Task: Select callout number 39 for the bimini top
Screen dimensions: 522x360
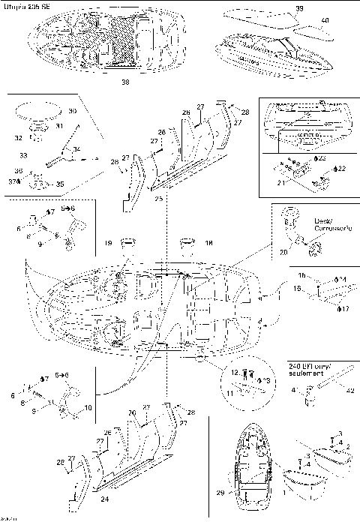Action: (300, 8)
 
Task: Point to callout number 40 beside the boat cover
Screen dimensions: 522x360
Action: (324, 20)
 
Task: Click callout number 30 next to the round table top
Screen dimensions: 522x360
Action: (72, 111)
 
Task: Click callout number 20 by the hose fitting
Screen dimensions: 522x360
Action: (283, 253)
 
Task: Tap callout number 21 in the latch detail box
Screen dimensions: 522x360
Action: (282, 182)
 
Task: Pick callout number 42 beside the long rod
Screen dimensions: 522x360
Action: (347, 389)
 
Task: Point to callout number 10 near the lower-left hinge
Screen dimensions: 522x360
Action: (88, 409)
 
